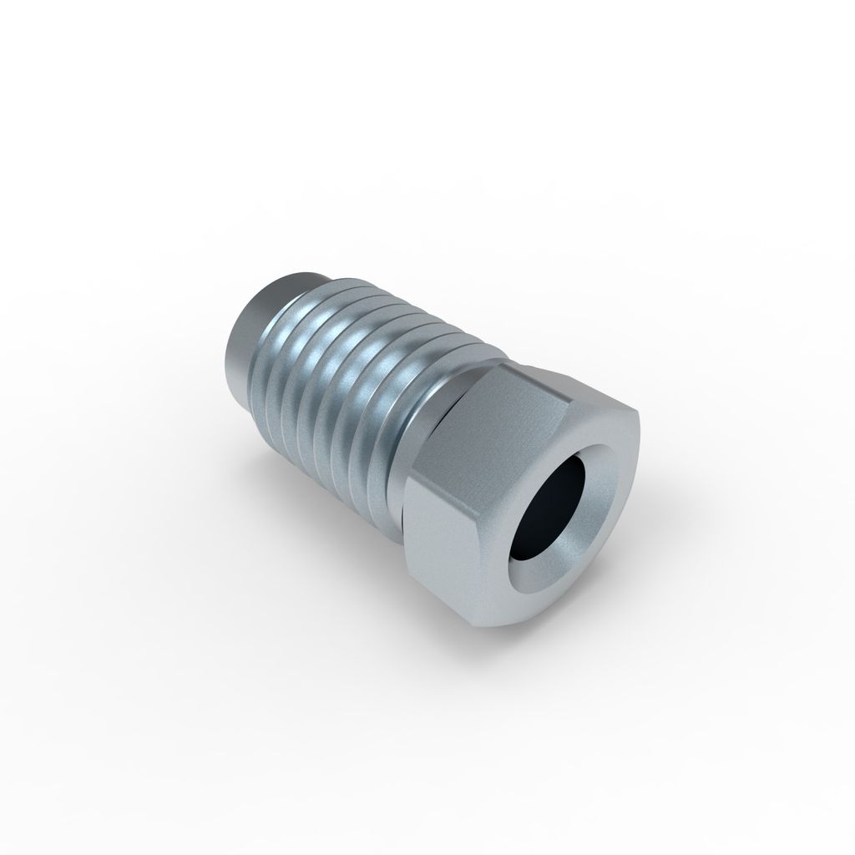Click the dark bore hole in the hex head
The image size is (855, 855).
click(551, 509)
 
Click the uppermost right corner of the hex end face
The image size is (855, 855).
click(640, 414)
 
